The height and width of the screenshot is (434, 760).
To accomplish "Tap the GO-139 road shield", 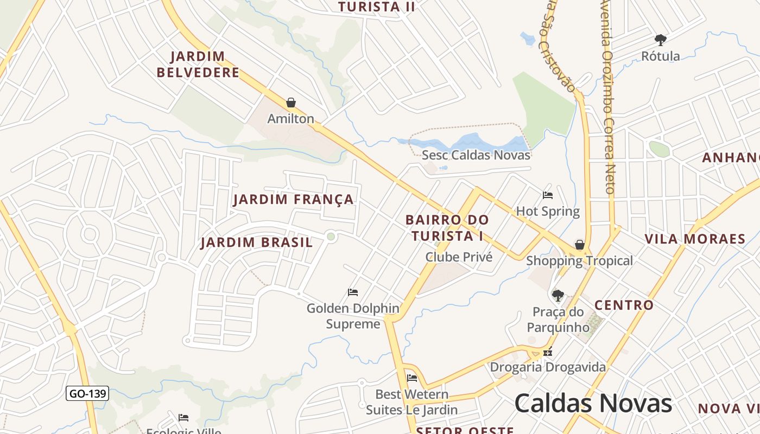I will [87, 393].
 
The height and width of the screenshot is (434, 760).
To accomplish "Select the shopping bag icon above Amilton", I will [291, 103].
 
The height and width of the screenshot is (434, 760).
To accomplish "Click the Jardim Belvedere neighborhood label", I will [198, 64].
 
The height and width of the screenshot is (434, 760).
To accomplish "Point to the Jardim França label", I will [293, 200].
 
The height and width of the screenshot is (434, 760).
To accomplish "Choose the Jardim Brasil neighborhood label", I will [256, 242].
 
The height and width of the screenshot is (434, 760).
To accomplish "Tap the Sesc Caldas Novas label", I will [476, 155].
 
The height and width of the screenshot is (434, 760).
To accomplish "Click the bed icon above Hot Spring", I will [548, 195].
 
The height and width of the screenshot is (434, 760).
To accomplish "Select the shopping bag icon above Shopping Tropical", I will [580, 245].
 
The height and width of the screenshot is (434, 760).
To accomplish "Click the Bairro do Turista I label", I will [447, 228].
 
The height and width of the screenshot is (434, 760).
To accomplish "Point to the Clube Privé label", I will [459, 257].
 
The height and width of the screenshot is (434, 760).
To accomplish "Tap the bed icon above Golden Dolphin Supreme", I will [353, 292].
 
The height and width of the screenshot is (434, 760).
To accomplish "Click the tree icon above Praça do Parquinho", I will [558, 296].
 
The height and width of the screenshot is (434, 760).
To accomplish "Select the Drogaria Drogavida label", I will [548, 367].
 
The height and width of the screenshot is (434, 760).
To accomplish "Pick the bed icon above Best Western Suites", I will [412, 378].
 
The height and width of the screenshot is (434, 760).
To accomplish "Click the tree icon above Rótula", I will [660, 40].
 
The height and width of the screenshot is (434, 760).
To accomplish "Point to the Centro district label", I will [624, 305].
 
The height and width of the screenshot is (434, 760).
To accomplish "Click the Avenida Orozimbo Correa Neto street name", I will [607, 98].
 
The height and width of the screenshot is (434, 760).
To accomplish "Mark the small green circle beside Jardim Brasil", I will [331, 236].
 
